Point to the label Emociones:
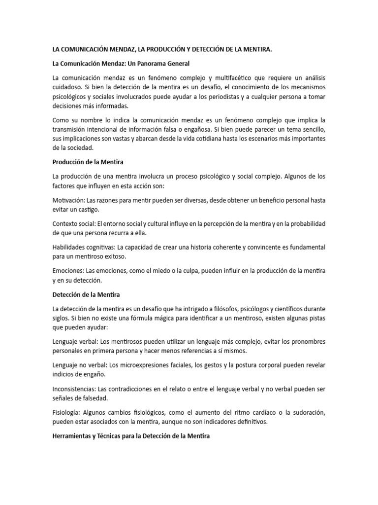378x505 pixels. (x=68, y=271)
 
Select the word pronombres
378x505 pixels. (x=305, y=341)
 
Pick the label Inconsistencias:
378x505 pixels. (x=74, y=389)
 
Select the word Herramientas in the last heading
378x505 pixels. (x=74, y=436)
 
